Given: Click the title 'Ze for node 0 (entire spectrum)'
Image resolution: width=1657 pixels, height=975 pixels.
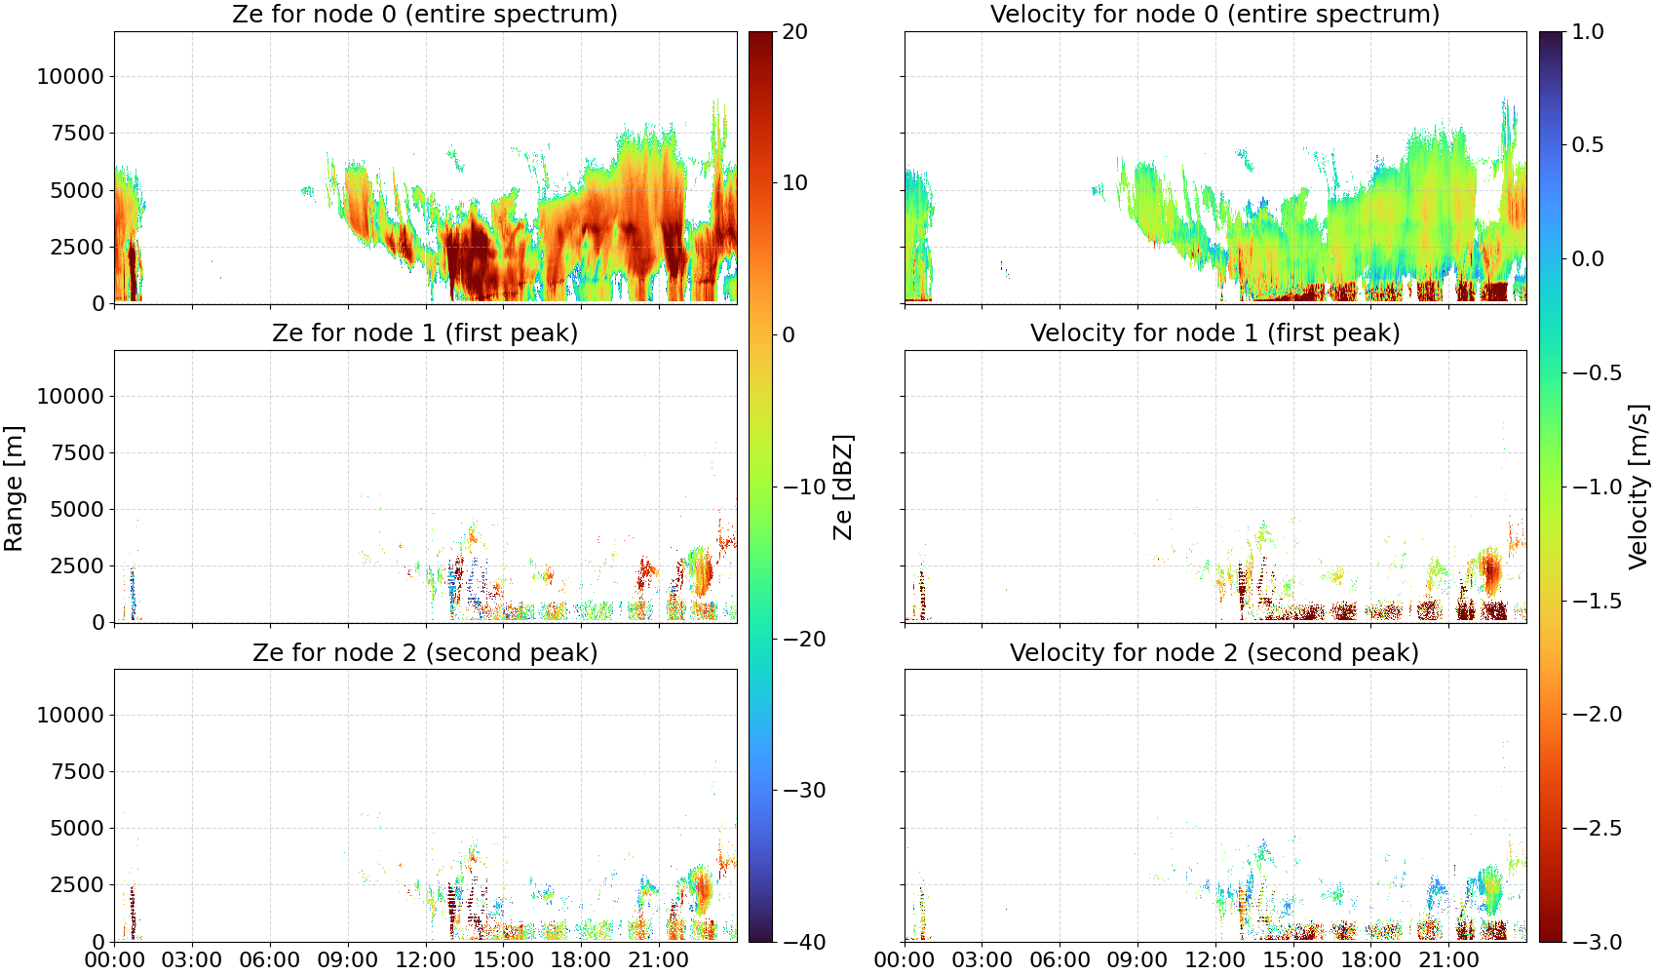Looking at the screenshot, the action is click(425, 14).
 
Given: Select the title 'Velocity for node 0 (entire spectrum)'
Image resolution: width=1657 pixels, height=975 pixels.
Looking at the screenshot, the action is click(1214, 14).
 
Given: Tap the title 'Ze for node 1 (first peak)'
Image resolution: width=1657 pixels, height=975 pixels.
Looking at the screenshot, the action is click(425, 332).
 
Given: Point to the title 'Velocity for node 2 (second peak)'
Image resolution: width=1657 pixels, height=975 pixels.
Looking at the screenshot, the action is click(1214, 652).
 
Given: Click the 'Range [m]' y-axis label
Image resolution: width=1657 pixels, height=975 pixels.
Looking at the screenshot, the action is click(14, 488).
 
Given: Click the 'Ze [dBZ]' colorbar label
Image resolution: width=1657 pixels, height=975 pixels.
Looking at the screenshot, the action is click(843, 487).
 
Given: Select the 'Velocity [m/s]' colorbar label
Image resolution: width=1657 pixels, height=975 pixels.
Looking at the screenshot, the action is click(1638, 487).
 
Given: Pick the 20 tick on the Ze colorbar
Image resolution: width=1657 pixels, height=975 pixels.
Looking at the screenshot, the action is click(794, 32).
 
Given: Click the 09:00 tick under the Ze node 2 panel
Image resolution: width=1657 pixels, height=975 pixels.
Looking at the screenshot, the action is click(348, 960).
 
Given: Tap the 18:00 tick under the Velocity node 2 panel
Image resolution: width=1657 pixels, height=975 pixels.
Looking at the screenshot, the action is click(1370, 960).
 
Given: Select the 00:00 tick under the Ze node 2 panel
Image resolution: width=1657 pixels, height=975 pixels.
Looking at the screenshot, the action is click(115, 960).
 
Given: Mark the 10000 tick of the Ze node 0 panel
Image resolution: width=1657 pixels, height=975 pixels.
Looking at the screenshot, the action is click(71, 76).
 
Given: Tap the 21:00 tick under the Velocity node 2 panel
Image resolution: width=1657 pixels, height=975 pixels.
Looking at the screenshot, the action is click(1448, 960).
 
